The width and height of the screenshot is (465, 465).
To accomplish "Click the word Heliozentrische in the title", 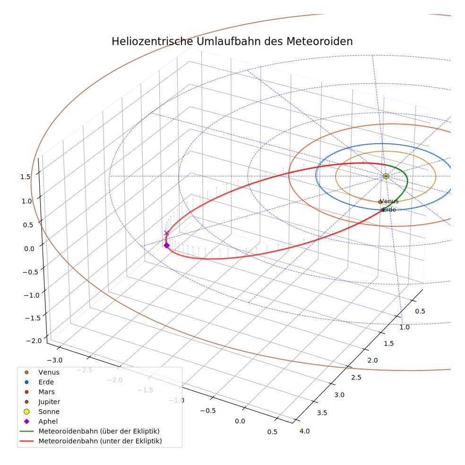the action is coord(152,41).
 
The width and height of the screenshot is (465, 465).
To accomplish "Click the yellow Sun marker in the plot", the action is coord(386,176).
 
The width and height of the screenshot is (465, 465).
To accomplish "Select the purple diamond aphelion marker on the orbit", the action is coord(167,245).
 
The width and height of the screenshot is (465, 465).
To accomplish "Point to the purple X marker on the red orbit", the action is coord(166,233).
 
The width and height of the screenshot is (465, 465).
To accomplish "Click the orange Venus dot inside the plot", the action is coord(380,202).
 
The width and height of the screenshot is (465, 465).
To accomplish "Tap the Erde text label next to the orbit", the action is coord(389,210).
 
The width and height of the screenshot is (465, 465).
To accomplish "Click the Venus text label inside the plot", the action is coord(389,201).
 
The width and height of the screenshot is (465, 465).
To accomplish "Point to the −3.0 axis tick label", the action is coord(55,360).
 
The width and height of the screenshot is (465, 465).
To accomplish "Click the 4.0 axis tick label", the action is coord(304,431).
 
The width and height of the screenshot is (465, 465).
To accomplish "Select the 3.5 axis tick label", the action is coord(322,413).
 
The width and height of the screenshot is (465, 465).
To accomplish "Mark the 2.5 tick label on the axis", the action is coord(356,377).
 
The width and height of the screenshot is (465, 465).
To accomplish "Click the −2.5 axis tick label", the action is coord(85,370).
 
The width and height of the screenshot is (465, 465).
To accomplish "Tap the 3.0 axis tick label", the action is coord(339,395).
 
